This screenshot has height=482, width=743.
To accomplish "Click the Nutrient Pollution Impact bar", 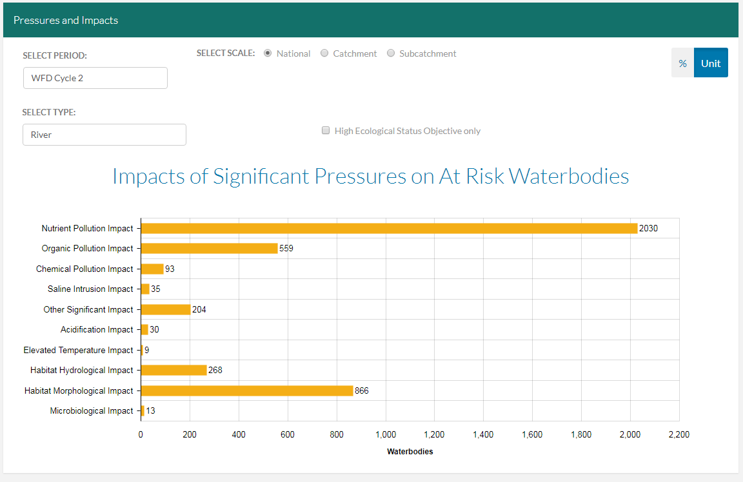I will pyautogui.click(x=389, y=228).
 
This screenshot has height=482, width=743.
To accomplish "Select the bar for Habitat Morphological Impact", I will pyautogui.click(x=247, y=390).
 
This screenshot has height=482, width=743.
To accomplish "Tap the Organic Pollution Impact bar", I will pyautogui.click(x=209, y=248).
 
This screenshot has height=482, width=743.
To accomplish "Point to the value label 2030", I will pyautogui.click(x=648, y=228).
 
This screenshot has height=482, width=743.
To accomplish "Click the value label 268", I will pyautogui.click(x=215, y=370).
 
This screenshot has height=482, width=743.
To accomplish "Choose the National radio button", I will pyautogui.click(x=268, y=53).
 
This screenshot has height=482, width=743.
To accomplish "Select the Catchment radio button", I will pyautogui.click(x=324, y=53).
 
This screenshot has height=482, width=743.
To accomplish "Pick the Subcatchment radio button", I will pyautogui.click(x=391, y=53).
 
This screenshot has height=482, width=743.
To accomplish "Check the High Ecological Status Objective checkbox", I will pyautogui.click(x=326, y=131).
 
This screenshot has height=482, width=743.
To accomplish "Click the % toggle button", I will pyautogui.click(x=682, y=63).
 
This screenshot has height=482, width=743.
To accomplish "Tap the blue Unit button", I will pyautogui.click(x=711, y=63).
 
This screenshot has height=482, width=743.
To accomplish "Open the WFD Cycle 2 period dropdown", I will pyautogui.click(x=95, y=78).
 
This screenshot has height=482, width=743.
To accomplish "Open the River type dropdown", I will pyautogui.click(x=104, y=135).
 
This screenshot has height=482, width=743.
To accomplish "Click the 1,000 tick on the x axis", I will pyautogui.click(x=386, y=435).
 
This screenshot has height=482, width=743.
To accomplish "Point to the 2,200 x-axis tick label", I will pyautogui.click(x=679, y=435).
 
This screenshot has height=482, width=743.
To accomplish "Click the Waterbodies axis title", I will pyautogui.click(x=410, y=452).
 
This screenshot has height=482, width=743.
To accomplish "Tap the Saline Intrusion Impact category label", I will pyautogui.click(x=90, y=289).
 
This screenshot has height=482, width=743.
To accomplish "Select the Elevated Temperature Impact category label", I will pyautogui.click(x=78, y=350).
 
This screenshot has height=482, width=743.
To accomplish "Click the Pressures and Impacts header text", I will pyautogui.click(x=66, y=20).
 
